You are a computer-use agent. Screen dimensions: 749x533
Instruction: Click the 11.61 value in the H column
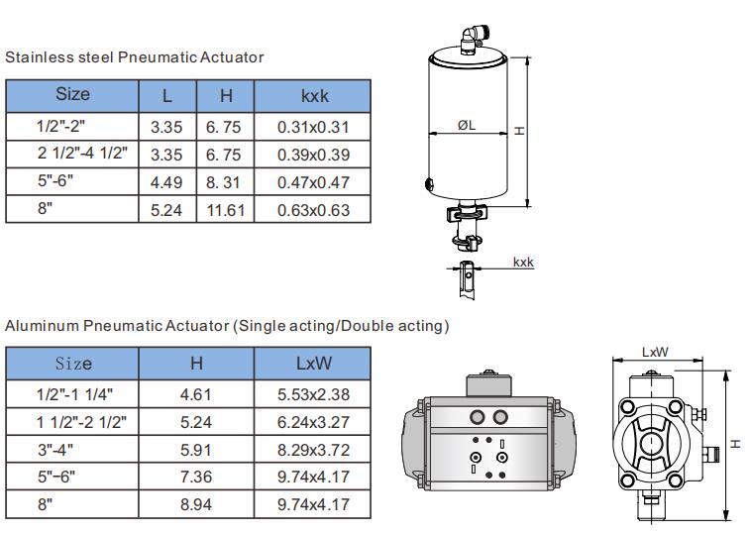[x=226, y=210]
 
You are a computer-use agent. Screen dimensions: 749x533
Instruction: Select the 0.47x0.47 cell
[x=313, y=182]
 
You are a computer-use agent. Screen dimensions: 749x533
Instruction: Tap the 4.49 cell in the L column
[x=166, y=182]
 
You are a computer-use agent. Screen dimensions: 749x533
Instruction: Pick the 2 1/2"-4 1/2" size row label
[x=82, y=153]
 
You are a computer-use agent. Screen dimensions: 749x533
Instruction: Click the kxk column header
[x=315, y=96]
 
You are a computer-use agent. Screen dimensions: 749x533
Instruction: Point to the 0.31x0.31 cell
[x=313, y=127]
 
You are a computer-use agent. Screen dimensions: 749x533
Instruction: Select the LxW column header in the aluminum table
[x=313, y=364]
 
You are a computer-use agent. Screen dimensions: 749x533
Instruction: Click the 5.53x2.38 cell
[x=313, y=394]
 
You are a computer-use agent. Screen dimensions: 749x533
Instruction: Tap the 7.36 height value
[x=196, y=477]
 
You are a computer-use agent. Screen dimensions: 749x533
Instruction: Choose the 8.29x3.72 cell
[x=313, y=450]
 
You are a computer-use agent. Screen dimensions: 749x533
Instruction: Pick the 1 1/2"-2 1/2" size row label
[x=81, y=422]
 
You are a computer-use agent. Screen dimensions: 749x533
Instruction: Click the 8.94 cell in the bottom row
[x=196, y=504]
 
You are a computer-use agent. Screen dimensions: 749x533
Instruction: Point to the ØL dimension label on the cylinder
[x=467, y=125]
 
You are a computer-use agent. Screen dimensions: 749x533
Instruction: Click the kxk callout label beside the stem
[x=523, y=263]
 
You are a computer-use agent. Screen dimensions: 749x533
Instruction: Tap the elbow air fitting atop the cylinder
[x=471, y=40]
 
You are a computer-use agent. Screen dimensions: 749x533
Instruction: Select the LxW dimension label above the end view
[x=655, y=352]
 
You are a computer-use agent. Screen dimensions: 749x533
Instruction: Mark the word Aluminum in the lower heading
[x=42, y=326]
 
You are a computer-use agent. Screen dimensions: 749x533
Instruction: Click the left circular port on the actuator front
[x=478, y=417]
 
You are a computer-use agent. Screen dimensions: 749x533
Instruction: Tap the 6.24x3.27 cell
[x=313, y=422]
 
